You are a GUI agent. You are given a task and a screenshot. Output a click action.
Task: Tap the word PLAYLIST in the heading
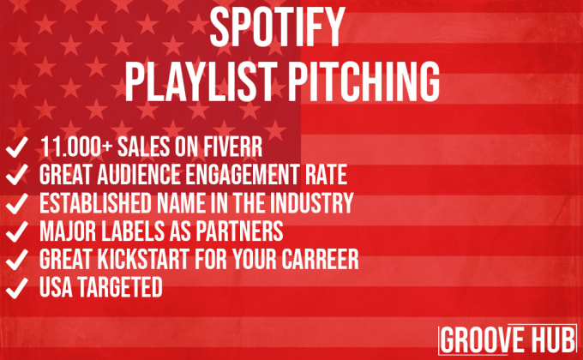(x=201, y=81)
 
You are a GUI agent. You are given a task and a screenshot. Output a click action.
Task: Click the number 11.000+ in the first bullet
(x=75, y=147)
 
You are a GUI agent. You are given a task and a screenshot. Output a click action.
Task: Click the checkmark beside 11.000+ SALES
(x=17, y=147)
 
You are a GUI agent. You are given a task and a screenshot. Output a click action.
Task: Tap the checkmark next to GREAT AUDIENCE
(x=17, y=175)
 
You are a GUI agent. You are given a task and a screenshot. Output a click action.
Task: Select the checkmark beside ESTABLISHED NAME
(x=17, y=203)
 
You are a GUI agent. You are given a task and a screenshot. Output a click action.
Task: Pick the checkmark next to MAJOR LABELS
(x=17, y=231)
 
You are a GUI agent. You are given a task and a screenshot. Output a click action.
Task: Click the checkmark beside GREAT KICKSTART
(x=17, y=260)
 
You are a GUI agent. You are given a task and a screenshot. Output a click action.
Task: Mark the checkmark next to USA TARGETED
(x=17, y=288)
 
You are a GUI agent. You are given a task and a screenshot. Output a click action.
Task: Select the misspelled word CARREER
(x=320, y=260)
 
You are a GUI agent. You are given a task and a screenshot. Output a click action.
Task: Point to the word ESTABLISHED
(x=95, y=203)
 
